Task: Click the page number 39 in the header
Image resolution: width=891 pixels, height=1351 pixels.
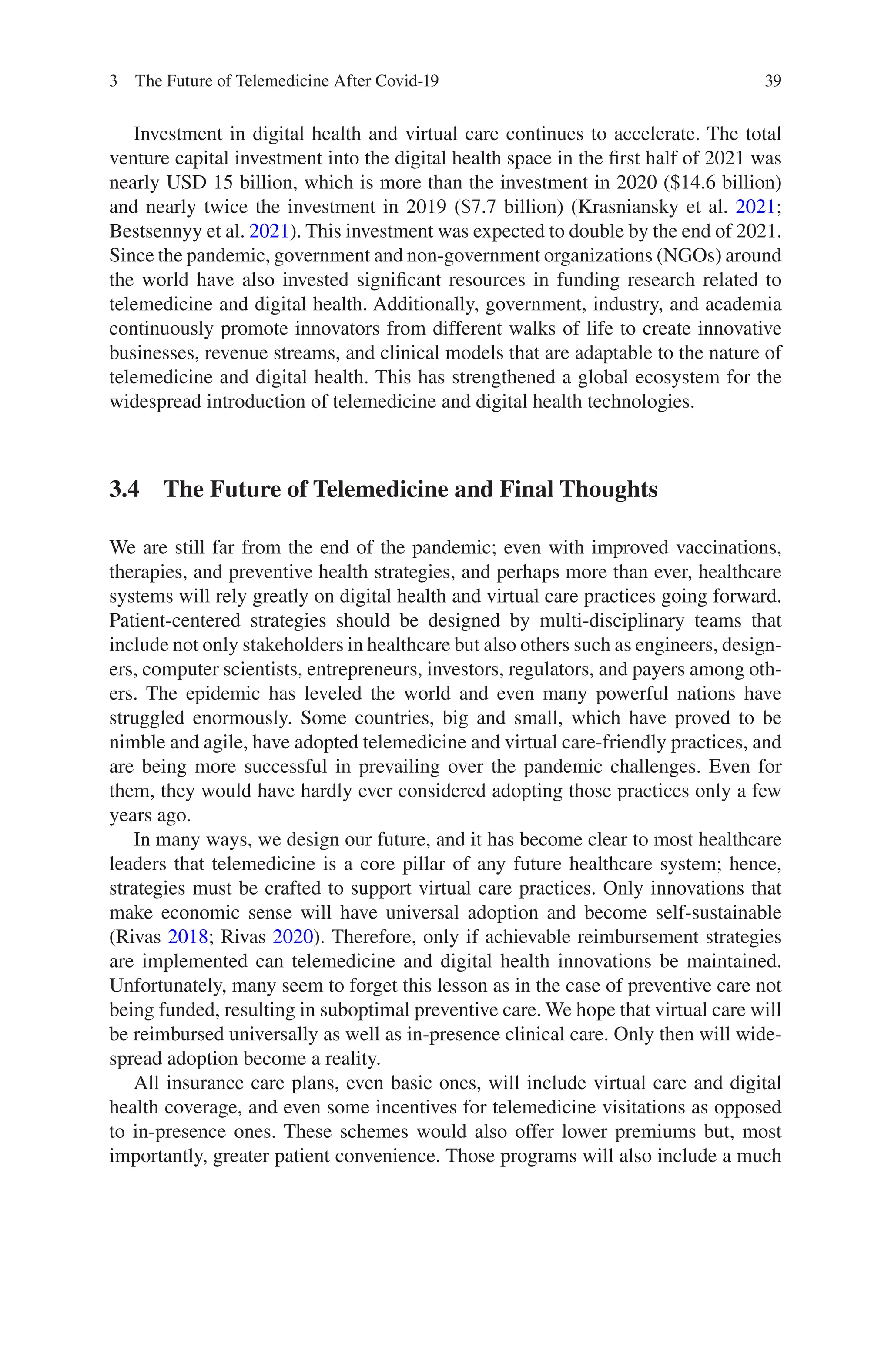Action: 773,81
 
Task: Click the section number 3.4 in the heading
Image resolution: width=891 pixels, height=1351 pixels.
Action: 124,489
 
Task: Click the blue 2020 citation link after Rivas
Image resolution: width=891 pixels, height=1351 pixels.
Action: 293,937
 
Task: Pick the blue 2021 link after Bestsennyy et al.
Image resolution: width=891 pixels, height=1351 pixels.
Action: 269,231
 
